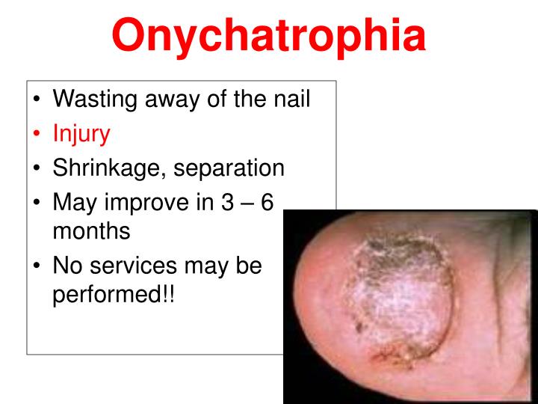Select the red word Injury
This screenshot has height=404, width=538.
coord(81,134)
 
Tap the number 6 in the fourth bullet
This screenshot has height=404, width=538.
coord(267,203)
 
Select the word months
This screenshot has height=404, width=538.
coord(91,231)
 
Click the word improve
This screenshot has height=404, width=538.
coord(148,203)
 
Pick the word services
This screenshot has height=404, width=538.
coord(132,266)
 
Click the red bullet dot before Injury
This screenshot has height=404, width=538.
coord(37,135)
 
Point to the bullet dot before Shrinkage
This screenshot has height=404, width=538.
coord(37,169)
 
